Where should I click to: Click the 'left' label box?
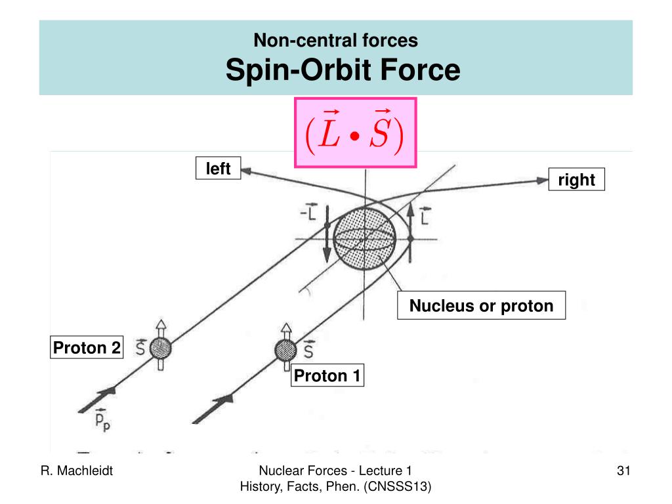pyautogui.click(x=218, y=168)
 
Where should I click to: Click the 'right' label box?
pyautogui.click(x=576, y=179)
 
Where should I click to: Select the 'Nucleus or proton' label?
pyautogui.click(x=481, y=305)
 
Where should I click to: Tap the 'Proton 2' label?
pyautogui.click(x=87, y=347)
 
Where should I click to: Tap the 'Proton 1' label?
pyautogui.click(x=327, y=375)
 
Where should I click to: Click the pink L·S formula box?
pyautogui.click(x=355, y=133)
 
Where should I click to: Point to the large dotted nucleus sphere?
pyautogui.click(x=365, y=238)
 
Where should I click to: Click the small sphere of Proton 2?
pyautogui.click(x=161, y=348)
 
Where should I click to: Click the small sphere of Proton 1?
pyautogui.click(x=285, y=350)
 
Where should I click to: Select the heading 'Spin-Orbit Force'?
pyautogui.click(x=343, y=70)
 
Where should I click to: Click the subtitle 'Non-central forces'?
pyautogui.click(x=335, y=40)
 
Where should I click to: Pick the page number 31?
pyautogui.click(x=623, y=471)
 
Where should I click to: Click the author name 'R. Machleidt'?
pyautogui.click(x=77, y=471)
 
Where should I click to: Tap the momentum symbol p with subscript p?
pyautogui.click(x=102, y=419)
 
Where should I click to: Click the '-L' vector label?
pyautogui.click(x=308, y=211)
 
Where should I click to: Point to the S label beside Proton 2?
pyautogui.click(x=140, y=347)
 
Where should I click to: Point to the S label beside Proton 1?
pyautogui.click(x=308, y=349)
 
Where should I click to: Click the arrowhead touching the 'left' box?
pyautogui.click(x=247, y=172)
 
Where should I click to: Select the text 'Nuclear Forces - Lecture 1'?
pyautogui.click(x=335, y=471)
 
